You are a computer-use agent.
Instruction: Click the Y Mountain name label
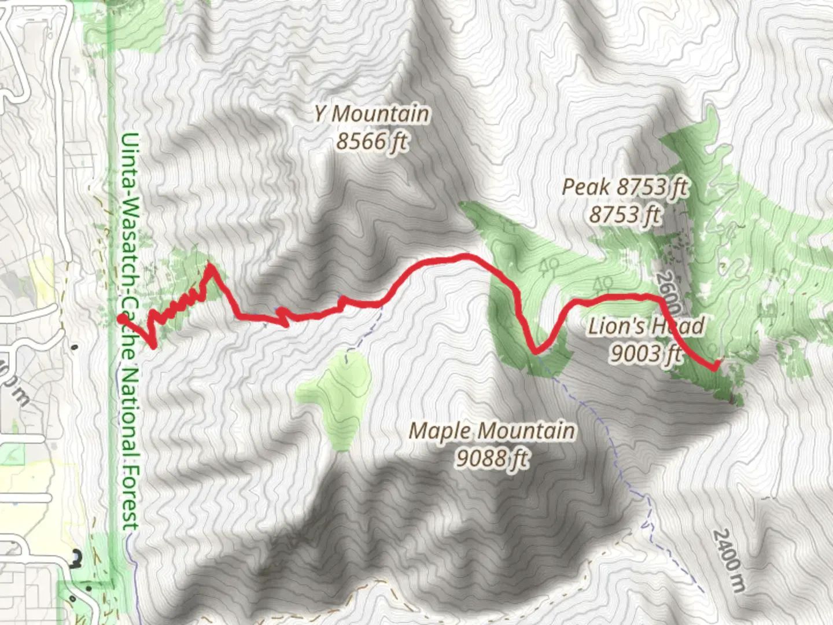[x=371, y=114]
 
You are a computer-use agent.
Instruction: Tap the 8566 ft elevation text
[x=371, y=141]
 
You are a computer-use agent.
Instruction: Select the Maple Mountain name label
[x=492, y=431]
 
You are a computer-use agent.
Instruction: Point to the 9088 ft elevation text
[x=492, y=458]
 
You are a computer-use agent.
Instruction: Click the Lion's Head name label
[x=646, y=326]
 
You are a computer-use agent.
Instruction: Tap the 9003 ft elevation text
[x=646, y=352]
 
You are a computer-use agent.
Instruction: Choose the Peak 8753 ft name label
[x=625, y=187]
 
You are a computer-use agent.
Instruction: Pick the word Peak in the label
[x=586, y=187]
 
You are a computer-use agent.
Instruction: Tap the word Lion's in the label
[x=615, y=326]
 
